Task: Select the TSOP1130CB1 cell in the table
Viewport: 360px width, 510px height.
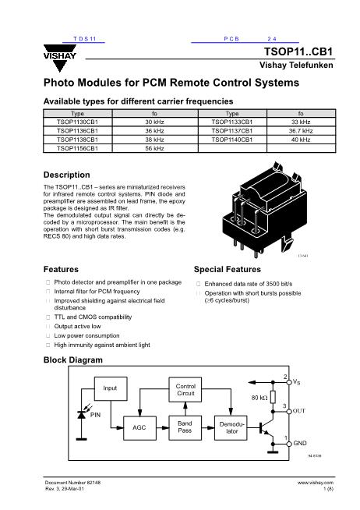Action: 77,122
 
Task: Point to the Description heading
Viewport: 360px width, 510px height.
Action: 67,174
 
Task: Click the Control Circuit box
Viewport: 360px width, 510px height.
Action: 185,391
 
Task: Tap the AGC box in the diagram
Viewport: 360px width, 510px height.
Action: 139,428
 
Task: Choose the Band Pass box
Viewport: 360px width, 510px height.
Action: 185,428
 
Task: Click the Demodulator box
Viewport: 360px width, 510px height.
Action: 229,428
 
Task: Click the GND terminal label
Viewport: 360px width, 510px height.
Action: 300,443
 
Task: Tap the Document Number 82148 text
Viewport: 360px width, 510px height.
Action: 72,483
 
